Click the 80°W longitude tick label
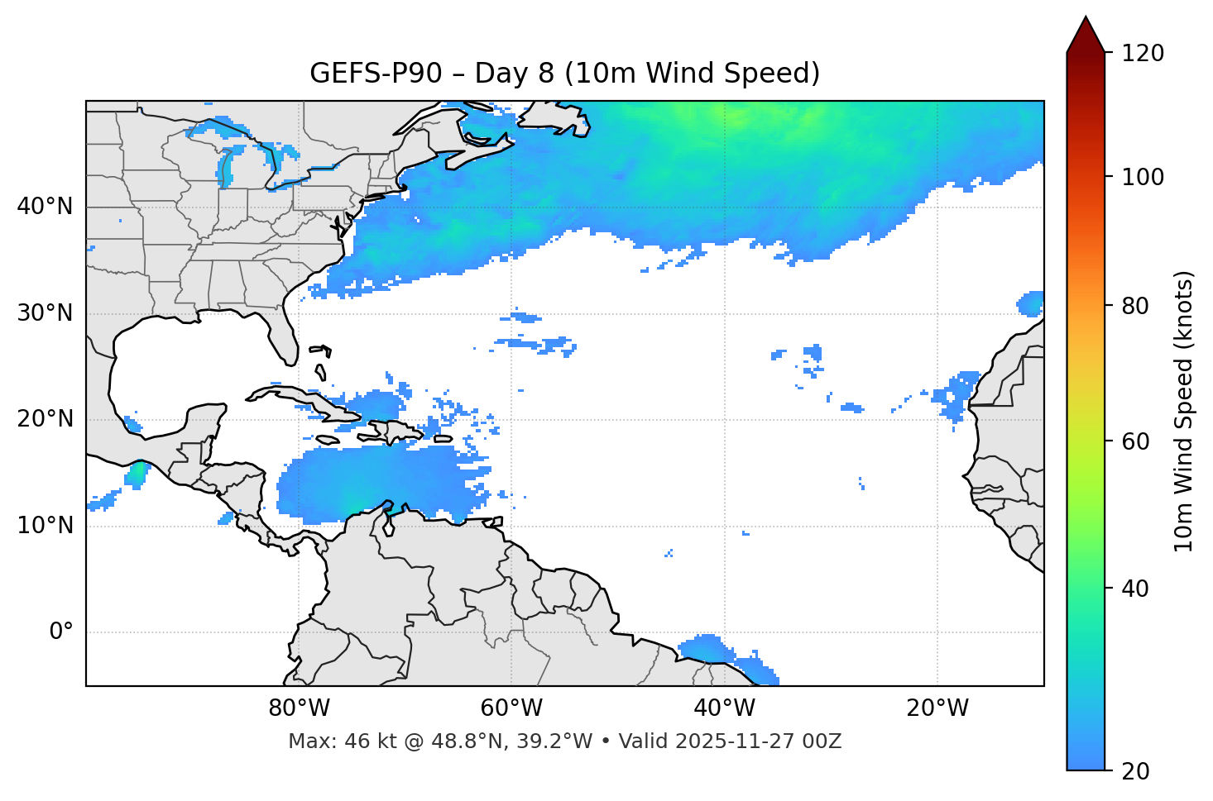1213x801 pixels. [299, 708]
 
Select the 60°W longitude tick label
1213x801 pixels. [511, 708]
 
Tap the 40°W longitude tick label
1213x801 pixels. [724, 708]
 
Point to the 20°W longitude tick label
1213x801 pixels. [937, 708]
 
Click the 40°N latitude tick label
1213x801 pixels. [45, 207]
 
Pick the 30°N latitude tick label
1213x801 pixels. [45, 313]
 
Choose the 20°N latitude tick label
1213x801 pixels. [45, 419]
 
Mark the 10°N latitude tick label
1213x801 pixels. [45, 526]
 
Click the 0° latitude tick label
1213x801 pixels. [61, 632]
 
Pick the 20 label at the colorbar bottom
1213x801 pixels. [1135, 771]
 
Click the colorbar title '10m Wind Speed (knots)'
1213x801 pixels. [1184, 411]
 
